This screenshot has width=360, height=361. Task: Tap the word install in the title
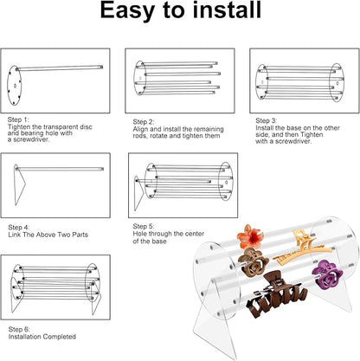click(227, 10)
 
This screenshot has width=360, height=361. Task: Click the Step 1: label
click(18, 119)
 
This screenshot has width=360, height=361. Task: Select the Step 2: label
click(144, 122)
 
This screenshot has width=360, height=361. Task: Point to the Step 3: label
click(267, 120)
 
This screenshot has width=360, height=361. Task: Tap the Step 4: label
click(19, 227)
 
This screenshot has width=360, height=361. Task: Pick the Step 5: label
click(144, 226)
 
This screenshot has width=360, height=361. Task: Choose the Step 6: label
click(19, 329)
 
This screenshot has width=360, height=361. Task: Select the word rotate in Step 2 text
click(157, 136)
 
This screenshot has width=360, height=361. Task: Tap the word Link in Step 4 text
click(15, 235)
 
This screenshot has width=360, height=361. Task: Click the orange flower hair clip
click(250, 236)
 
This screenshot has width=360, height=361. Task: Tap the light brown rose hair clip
click(253, 262)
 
